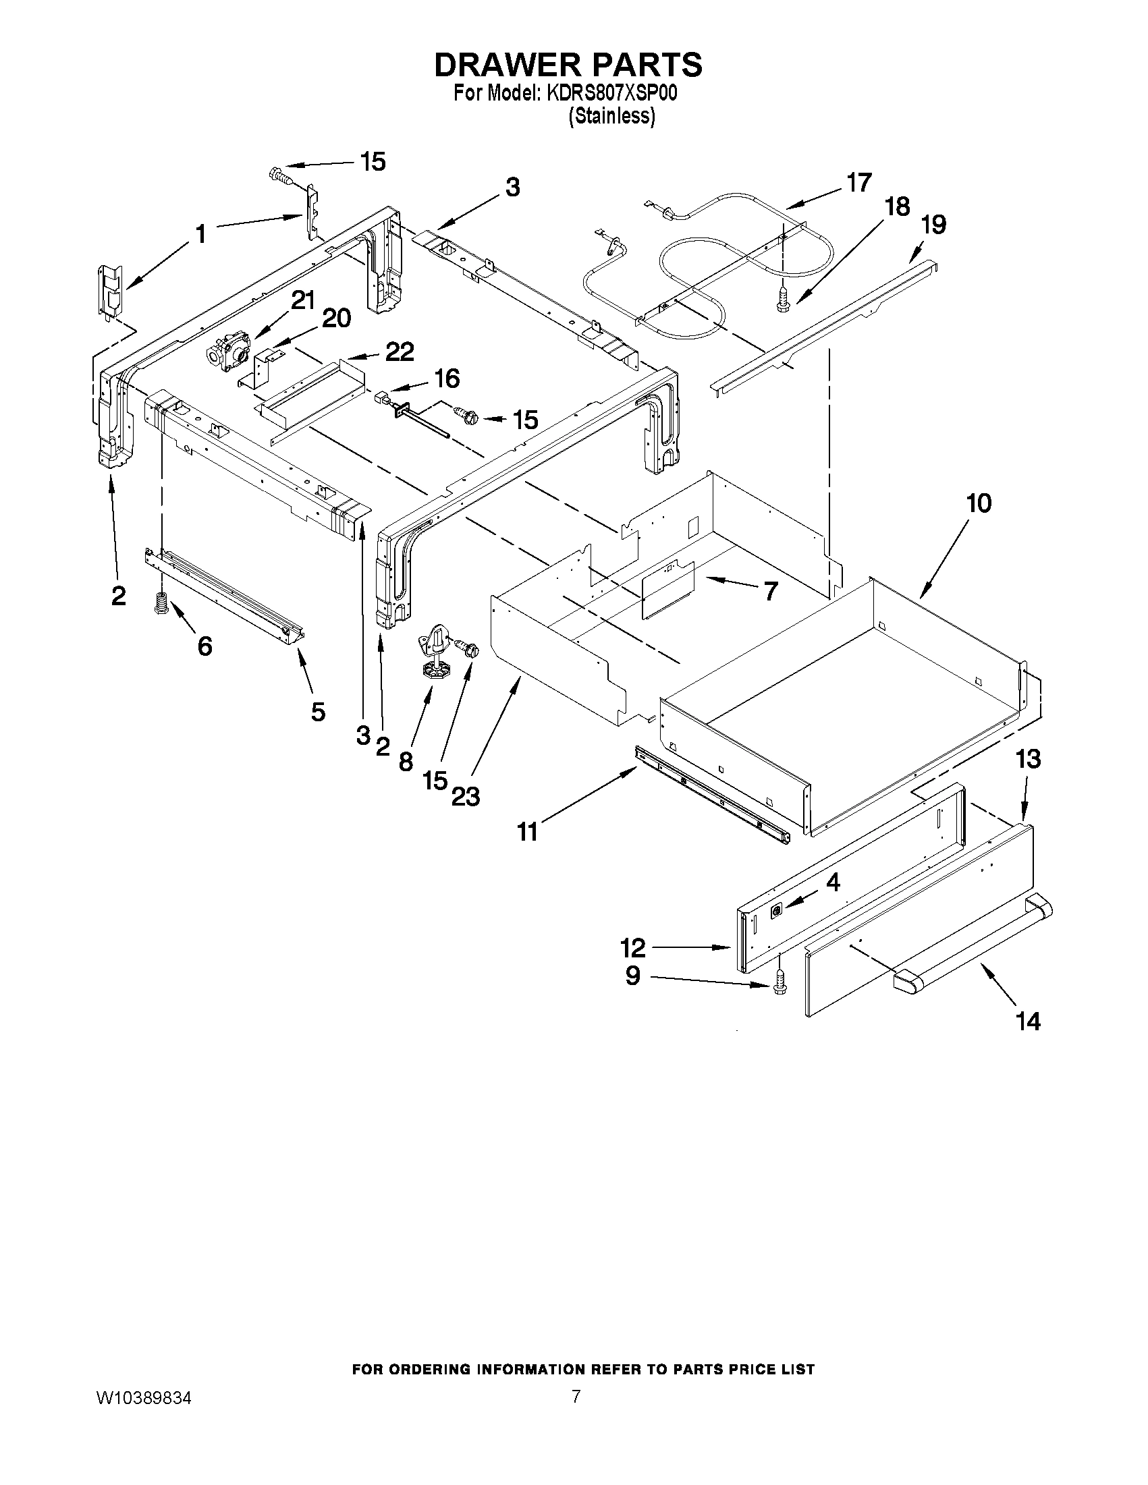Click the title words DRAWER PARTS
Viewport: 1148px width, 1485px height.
tap(568, 65)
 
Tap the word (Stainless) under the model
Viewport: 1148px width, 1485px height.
tap(611, 116)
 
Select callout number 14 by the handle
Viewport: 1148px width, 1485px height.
tap(1027, 1040)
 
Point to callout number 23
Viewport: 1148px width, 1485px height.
tap(465, 795)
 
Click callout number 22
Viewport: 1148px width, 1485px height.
tap(400, 352)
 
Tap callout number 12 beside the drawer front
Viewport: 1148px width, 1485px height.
tap(632, 947)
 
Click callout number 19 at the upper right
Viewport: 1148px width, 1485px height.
tap(933, 225)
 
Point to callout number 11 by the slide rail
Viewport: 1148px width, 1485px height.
tap(527, 831)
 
